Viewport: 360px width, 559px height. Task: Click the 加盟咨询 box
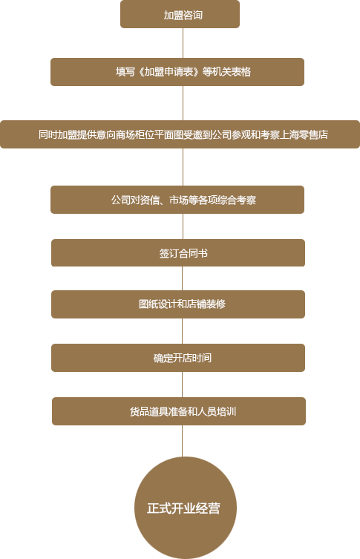tap(180, 14)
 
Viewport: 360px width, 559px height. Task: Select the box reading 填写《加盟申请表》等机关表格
tap(177, 72)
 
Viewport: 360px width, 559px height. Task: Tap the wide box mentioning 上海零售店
tap(180, 134)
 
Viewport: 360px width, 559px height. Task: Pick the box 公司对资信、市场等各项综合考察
tap(177, 200)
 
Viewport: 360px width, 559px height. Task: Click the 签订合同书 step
tap(178, 252)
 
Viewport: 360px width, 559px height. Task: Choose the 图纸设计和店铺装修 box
tap(178, 304)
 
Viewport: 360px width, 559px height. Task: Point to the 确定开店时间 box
tap(178, 358)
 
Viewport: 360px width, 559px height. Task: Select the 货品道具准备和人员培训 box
tap(179, 411)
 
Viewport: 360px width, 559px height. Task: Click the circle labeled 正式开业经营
tap(186, 508)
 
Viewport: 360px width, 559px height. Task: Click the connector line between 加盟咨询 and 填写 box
tap(183, 43)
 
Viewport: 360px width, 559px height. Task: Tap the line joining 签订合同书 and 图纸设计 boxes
tap(182, 278)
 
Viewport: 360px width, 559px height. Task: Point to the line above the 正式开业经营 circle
tap(182, 441)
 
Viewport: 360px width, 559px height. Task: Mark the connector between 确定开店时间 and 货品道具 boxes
tap(182, 385)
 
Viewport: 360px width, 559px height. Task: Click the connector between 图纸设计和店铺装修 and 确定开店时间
tap(182, 331)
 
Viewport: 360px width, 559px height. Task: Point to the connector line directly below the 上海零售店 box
tap(183, 167)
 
